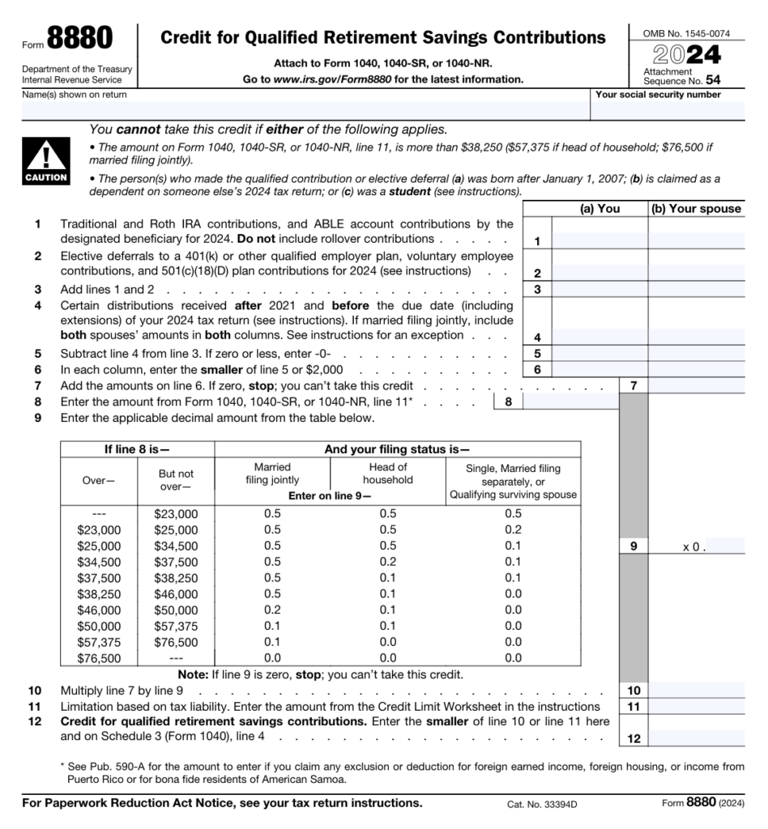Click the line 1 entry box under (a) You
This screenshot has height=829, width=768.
pos(599,240)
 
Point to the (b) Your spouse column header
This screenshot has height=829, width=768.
pos(696,208)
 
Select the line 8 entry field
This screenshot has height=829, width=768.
pos(570,401)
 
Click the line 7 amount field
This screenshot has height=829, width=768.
pos(696,385)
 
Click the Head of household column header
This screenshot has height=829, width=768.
pos(387,473)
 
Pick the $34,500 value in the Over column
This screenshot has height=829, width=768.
pos(99,562)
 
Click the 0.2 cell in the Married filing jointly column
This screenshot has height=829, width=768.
pos(272,610)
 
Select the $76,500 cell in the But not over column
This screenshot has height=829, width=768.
pos(176,642)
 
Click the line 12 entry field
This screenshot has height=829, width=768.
pos(696,738)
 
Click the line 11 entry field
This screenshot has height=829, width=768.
pos(696,706)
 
